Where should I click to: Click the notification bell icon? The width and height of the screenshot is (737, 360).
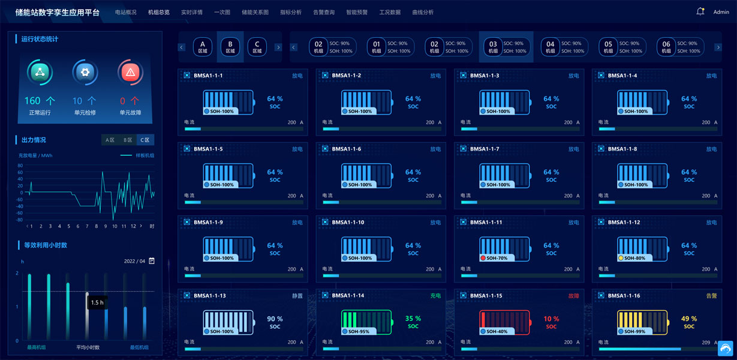click(x=700, y=11)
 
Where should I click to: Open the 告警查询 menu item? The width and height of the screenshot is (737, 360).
click(x=324, y=12)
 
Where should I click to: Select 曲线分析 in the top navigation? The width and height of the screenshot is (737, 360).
click(x=423, y=12)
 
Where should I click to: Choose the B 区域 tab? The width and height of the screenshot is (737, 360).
click(x=230, y=47)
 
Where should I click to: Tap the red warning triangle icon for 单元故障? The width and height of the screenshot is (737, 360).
click(x=130, y=73)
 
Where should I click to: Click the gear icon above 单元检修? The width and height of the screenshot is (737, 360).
click(x=85, y=73)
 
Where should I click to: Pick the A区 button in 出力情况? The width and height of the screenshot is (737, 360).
click(x=110, y=140)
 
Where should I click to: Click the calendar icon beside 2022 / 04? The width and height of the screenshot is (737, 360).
click(x=152, y=261)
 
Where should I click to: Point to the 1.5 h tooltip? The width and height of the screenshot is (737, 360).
click(x=97, y=302)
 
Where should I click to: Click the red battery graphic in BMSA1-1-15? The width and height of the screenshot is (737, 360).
click(x=504, y=322)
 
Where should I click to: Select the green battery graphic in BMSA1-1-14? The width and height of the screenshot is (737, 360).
click(x=366, y=322)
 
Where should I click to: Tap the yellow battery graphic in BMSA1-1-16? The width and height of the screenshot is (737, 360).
click(x=642, y=322)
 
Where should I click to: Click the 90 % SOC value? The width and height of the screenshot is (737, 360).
click(x=275, y=319)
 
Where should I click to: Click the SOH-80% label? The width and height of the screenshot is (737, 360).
click(x=636, y=258)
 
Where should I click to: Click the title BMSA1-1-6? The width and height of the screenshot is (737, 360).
click(x=347, y=149)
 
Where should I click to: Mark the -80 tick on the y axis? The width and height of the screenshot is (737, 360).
click(x=20, y=220)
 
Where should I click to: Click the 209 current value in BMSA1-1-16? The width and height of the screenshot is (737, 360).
click(x=706, y=343)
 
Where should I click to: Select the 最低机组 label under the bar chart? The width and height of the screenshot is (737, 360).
click(x=139, y=347)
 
